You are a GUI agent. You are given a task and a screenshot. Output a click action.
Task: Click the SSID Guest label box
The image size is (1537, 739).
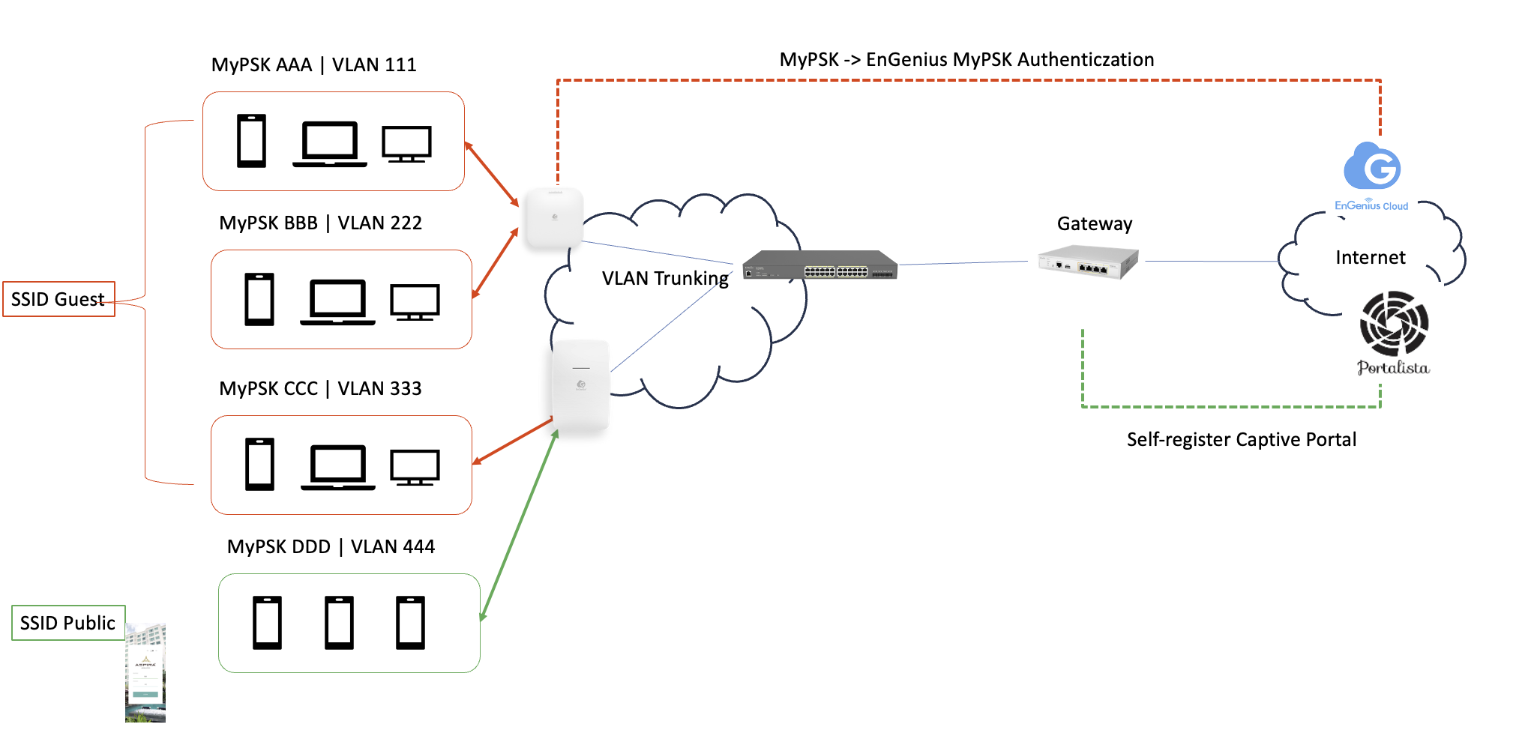pyautogui.click(x=58, y=299)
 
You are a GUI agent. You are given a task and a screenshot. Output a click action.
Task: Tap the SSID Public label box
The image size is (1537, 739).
pyautogui.click(x=68, y=623)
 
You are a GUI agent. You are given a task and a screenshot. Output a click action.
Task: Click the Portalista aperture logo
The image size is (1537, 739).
pyautogui.click(x=1394, y=324)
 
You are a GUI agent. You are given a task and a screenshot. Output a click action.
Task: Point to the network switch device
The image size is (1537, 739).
pyautogui.click(x=819, y=265)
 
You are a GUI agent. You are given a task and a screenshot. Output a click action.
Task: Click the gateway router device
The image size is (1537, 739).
pyautogui.click(x=1088, y=262)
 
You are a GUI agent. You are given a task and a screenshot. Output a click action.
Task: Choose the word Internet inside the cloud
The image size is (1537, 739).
pyautogui.click(x=1370, y=258)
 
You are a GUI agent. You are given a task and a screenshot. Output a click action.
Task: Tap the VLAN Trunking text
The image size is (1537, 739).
pyautogui.click(x=665, y=278)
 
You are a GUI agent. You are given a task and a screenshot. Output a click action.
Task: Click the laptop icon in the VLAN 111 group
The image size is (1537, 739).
pyautogui.click(x=330, y=143)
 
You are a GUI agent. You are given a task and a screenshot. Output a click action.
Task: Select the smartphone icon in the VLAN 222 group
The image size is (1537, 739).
pyautogui.click(x=259, y=299)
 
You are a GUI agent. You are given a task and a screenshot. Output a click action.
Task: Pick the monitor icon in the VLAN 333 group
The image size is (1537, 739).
pyautogui.click(x=415, y=468)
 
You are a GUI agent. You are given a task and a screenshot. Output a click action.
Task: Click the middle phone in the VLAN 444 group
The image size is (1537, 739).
pyautogui.click(x=339, y=623)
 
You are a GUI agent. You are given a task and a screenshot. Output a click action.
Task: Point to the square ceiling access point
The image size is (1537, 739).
pyautogui.click(x=555, y=217)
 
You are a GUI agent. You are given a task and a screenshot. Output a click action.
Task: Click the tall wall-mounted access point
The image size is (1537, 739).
pyautogui.click(x=580, y=386)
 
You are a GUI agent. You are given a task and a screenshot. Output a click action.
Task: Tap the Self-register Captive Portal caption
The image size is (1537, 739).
pyautogui.click(x=1242, y=439)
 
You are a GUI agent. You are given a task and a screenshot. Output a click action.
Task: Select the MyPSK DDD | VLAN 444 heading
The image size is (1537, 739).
pyautogui.click(x=331, y=546)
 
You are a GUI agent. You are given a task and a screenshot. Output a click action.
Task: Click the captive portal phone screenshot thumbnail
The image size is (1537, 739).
pyautogui.click(x=145, y=672)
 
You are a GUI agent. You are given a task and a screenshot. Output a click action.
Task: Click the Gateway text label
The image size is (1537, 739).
pyautogui.click(x=1095, y=223)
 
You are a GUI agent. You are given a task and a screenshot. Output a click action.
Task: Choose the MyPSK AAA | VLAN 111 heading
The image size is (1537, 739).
pyautogui.click(x=313, y=64)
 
